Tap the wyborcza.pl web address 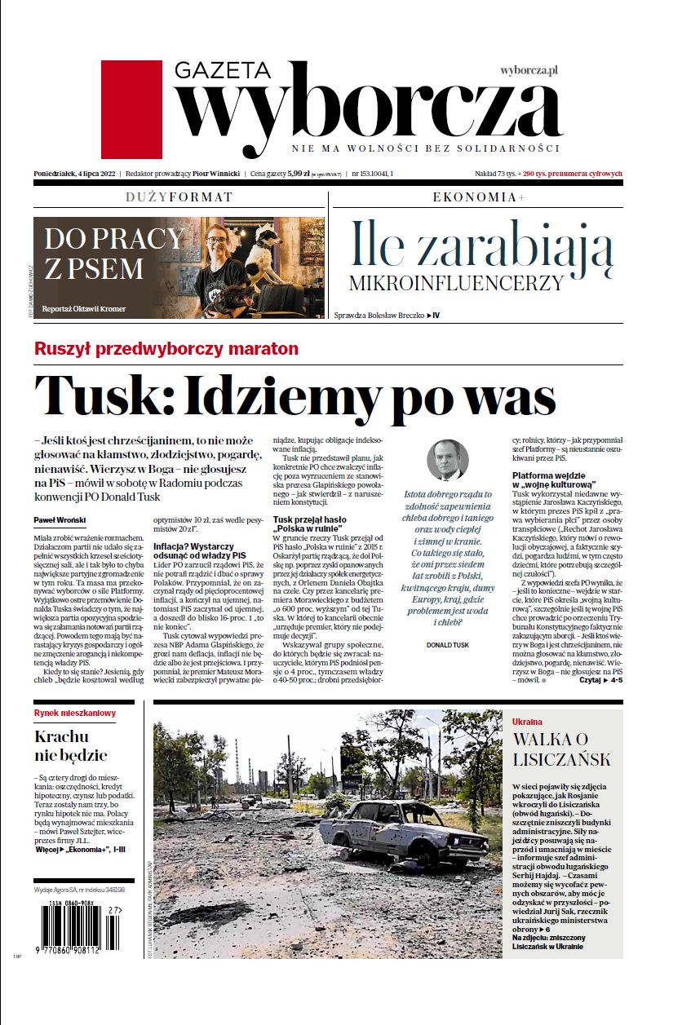coord(529,72)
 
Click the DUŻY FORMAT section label coord(179,197)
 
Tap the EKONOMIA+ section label coord(478,197)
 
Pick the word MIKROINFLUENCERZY coord(456,283)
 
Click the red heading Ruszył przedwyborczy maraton coord(166,349)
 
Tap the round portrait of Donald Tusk coord(448,460)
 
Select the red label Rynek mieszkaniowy coord(75,713)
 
